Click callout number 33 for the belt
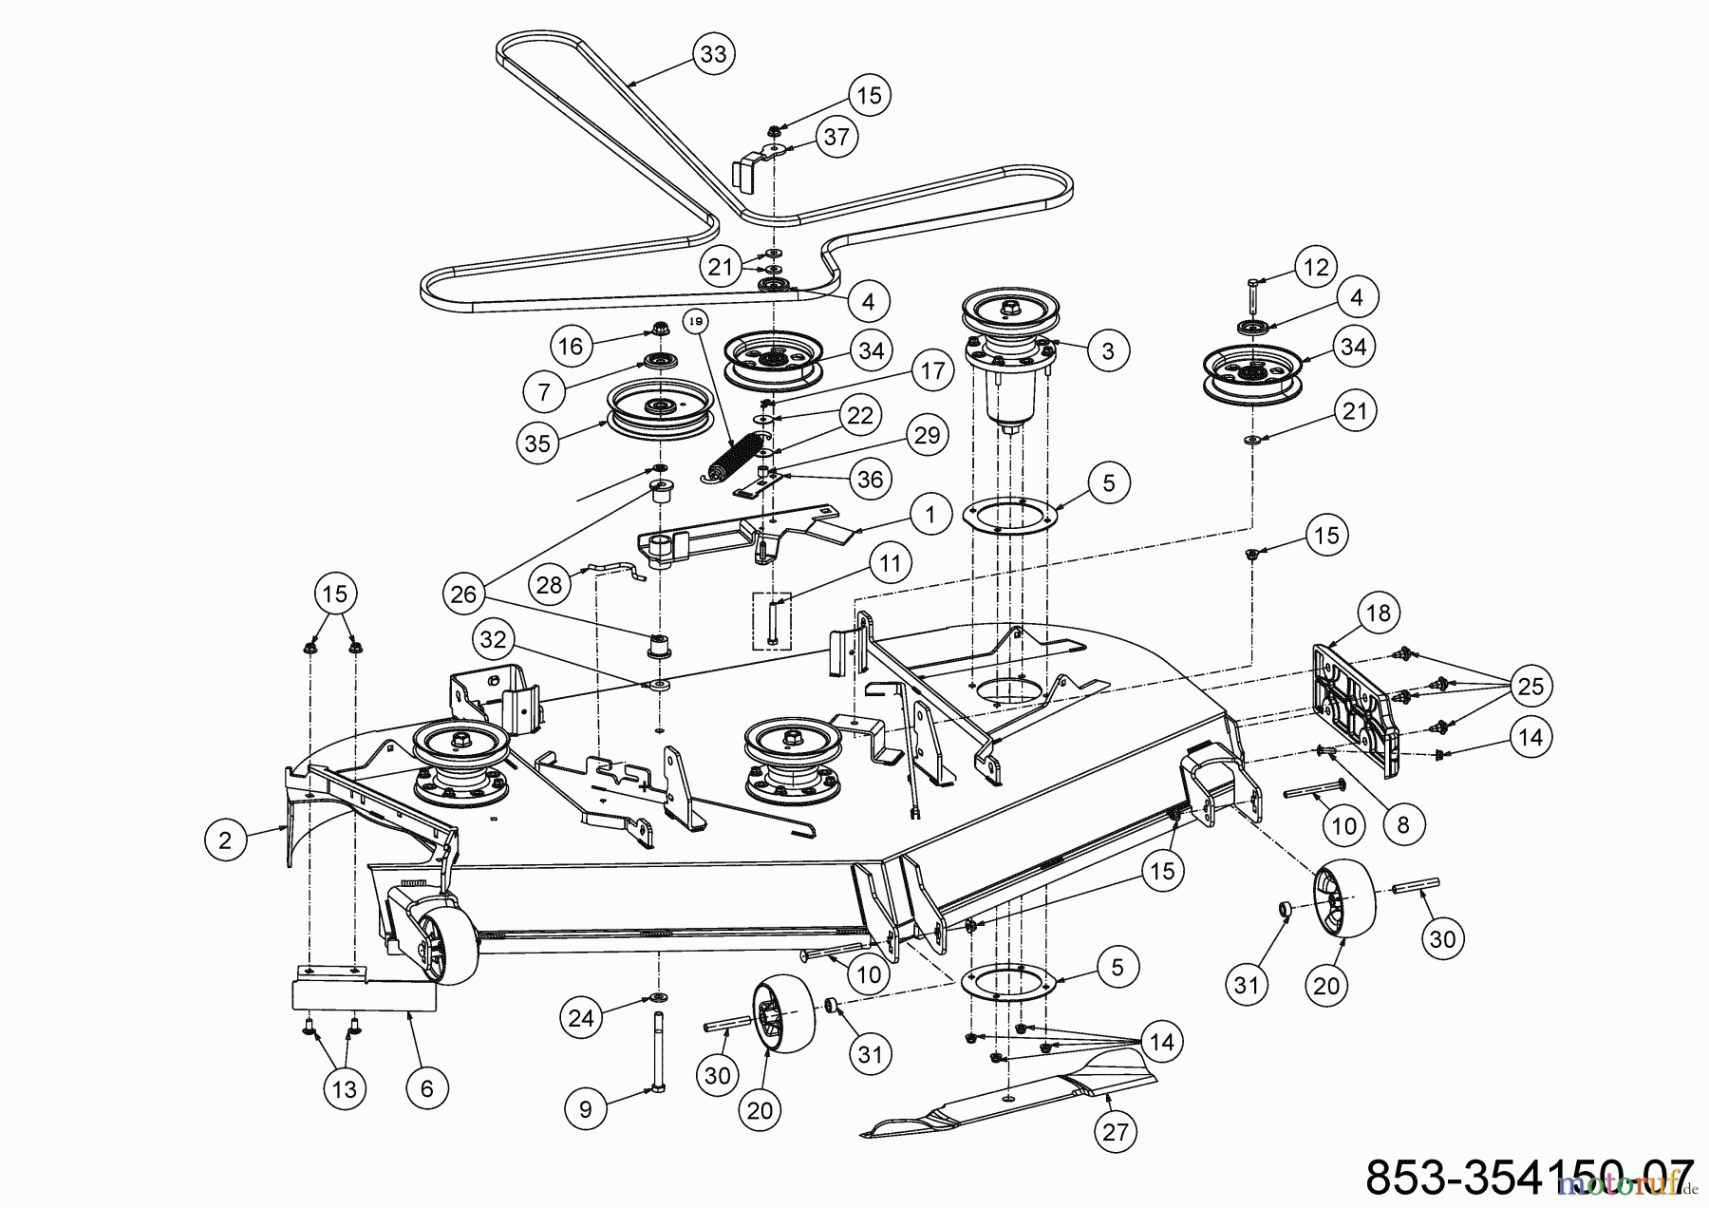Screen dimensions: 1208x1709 point(713,54)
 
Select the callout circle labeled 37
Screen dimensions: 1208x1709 point(836,137)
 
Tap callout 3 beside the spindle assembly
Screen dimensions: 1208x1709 point(1107,350)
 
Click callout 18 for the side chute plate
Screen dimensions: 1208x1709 point(1378,613)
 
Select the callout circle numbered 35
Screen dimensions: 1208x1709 point(537,444)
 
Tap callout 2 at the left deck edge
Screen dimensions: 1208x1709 point(225,840)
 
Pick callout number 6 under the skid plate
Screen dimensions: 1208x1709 point(426,1088)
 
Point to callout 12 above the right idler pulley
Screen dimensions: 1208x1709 point(1315,267)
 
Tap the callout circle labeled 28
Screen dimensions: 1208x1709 point(551,584)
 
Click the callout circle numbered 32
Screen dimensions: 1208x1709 point(493,639)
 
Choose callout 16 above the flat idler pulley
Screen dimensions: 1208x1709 point(570,347)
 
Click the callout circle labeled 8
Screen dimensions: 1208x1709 point(1403,825)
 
